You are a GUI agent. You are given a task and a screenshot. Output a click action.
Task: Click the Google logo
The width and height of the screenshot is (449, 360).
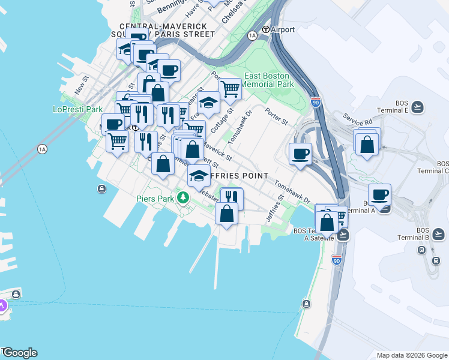(x=19, y=353)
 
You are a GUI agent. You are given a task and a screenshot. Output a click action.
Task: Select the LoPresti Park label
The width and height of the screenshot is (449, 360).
(x=78, y=110)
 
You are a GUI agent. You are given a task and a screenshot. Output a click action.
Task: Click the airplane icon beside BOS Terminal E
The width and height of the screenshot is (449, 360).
(x=418, y=107)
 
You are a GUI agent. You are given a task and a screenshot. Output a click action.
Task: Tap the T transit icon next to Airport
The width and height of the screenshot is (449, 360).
(x=265, y=29)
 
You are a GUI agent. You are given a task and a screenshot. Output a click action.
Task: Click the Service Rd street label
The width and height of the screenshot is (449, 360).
(x=354, y=118)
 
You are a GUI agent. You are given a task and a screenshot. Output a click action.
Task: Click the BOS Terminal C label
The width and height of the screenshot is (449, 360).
(x=442, y=167)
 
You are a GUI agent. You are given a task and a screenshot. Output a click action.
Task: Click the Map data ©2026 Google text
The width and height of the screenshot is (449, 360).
(x=411, y=355)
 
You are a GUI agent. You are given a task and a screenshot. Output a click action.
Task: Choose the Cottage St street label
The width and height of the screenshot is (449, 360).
(x=221, y=121)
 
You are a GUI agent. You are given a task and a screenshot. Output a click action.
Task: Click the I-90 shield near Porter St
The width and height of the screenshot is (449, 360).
(x=316, y=103)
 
